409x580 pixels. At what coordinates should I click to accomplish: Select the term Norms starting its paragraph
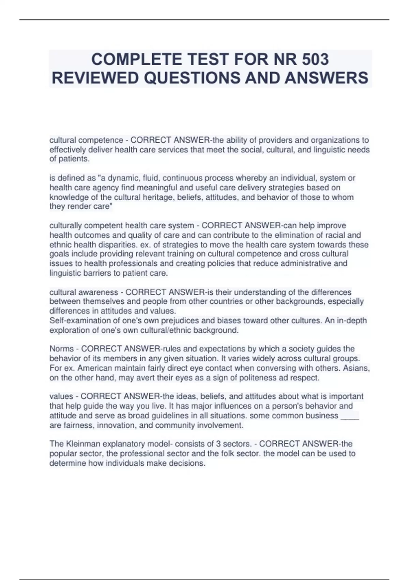[x=62, y=349]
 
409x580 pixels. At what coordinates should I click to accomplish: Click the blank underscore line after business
[x=350, y=416]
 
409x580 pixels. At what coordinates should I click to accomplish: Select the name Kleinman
[x=82, y=444]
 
